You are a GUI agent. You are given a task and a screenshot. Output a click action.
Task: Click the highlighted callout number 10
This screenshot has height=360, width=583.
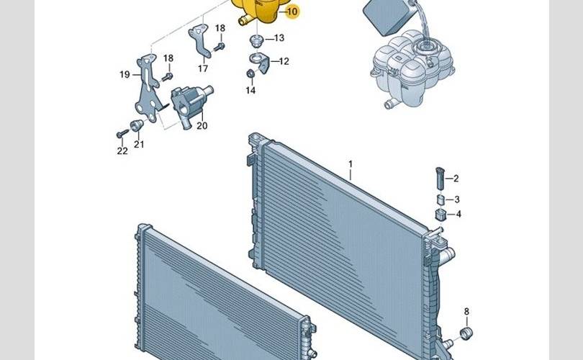[292, 12]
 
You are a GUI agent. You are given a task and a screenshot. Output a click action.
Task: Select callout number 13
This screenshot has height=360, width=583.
[279, 38]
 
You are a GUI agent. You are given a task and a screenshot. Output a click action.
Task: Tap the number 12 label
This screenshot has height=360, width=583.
[284, 61]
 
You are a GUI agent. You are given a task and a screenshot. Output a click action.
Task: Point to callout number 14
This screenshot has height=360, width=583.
[250, 91]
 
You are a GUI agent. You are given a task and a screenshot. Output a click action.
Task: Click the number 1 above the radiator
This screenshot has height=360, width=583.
[351, 164]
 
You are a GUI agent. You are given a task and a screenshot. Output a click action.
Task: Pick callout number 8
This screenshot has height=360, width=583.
[466, 312]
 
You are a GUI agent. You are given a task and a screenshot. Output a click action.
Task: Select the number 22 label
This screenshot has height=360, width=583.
[122, 151]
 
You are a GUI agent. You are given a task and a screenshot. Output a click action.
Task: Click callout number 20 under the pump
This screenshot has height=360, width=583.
[202, 126]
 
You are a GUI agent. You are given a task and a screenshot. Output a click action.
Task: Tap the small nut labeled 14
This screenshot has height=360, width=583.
[250, 73]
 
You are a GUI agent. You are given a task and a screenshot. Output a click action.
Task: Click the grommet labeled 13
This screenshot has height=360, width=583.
[256, 40]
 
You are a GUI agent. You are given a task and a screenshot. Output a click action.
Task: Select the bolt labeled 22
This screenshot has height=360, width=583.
[122, 134]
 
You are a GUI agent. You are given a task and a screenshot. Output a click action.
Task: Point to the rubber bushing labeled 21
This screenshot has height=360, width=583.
[137, 125]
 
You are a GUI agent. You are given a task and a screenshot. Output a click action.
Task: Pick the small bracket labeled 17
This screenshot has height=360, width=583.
[200, 41]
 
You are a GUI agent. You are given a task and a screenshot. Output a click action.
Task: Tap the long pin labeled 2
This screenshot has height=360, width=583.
[440, 178]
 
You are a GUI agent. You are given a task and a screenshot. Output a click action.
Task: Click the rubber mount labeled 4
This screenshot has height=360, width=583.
[440, 215]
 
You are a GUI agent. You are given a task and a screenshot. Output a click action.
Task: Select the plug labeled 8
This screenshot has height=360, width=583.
[466, 333]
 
